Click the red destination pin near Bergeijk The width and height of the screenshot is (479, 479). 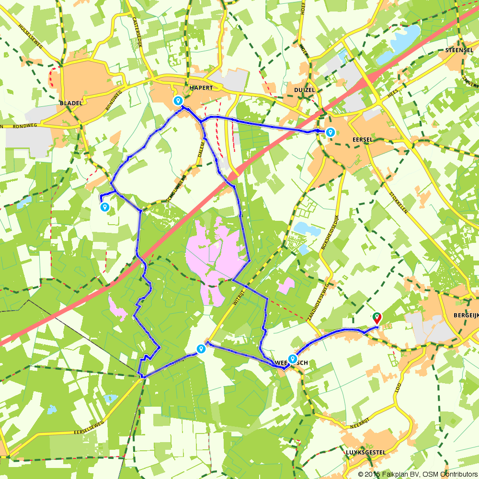[377, 318]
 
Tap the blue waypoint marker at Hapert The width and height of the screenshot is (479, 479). [178, 101]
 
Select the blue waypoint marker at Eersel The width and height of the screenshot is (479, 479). [330, 132]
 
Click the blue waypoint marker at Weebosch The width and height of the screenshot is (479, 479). [292, 359]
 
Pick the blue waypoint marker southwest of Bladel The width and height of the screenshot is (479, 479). [104, 207]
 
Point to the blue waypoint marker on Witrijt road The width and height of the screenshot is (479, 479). [201, 349]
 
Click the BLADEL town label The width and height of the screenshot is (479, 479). [71, 103]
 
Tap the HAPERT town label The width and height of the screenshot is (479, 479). [200, 88]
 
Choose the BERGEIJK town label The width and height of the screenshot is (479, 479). [465, 316]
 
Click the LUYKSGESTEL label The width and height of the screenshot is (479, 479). [365, 452]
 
